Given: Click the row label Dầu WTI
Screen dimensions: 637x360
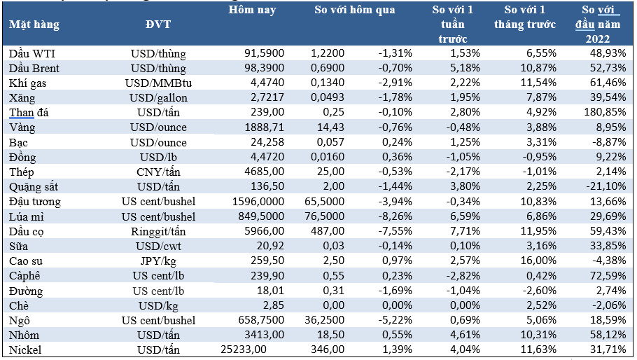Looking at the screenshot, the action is (x=32, y=53).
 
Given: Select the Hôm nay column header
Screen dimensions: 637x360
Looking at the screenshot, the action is (x=252, y=10).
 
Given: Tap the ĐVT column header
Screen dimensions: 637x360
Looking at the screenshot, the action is (x=158, y=25).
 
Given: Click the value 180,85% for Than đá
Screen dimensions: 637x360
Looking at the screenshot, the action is (x=605, y=112).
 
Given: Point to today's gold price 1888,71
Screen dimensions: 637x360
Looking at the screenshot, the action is (x=264, y=127).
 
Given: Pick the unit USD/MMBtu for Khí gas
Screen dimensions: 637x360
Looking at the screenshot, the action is (x=158, y=83).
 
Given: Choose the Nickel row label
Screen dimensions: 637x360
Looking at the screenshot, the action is (x=25, y=349).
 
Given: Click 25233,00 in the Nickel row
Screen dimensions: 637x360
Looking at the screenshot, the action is (x=244, y=349).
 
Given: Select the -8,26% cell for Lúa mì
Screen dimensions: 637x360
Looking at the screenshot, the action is (x=395, y=216).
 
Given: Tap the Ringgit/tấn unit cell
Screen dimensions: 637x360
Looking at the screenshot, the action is (x=158, y=232).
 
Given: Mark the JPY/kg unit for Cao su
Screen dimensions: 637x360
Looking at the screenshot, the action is (x=158, y=261).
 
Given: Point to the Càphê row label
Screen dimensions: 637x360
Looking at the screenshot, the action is (x=24, y=276).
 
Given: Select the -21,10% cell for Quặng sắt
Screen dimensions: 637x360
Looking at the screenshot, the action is (x=605, y=186).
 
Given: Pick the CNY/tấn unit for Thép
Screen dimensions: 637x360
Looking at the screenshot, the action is (x=158, y=172).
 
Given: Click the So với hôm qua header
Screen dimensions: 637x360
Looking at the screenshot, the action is (x=355, y=10).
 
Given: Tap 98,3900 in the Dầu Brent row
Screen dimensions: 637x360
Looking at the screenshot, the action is (x=264, y=68).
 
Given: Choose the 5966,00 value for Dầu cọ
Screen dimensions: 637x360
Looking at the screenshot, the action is (x=264, y=231).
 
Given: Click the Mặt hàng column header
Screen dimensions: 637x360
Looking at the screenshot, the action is (x=34, y=25).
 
